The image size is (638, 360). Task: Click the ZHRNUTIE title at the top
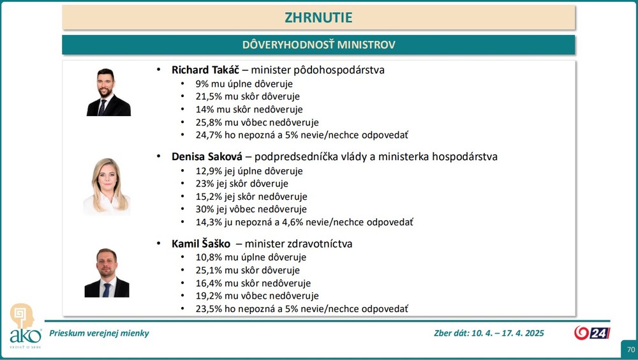tap(318, 17)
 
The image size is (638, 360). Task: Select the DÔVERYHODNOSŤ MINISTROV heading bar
tap(318, 45)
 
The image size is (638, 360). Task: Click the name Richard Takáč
tap(205, 70)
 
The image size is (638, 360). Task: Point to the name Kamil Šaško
tap(201, 244)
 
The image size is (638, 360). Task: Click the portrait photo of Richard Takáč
tap(108, 93)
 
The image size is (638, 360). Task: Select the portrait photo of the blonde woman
tap(107, 186)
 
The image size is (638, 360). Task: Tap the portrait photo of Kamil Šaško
tap(107, 273)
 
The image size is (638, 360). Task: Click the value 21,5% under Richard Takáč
tap(208, 96)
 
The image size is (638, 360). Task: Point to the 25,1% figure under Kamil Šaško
tap(208, 270)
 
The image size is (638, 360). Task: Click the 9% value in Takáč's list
tap(202, 84)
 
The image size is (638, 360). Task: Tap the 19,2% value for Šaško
tap(208, 296)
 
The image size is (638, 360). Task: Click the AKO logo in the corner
tap(24, 326)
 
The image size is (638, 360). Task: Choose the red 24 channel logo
tap(592, 333)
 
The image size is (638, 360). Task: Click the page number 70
tap(630, 350)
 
